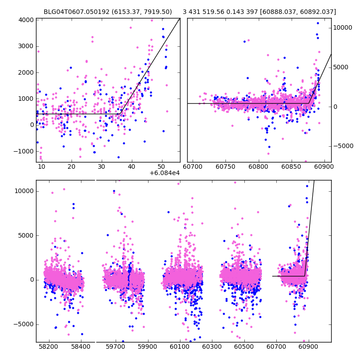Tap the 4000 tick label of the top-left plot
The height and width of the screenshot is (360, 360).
pos(26,20)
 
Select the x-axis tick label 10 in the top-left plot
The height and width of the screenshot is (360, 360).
pos(41,167)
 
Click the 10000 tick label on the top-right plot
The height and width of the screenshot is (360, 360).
pos(343,28)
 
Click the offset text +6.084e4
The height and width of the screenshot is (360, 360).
pos(165,173)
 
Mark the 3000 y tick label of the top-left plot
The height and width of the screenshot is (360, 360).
pos(26,46)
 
